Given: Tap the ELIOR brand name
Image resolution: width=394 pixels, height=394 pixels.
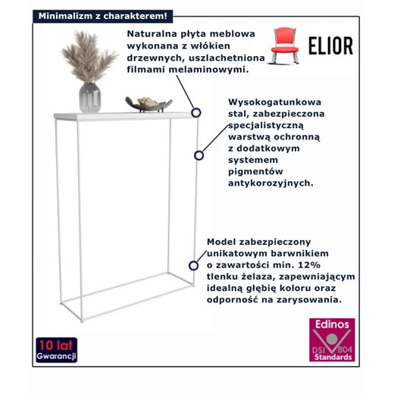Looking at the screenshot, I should pos(330,45).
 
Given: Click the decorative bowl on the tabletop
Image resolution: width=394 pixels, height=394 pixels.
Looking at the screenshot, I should pos(148,104).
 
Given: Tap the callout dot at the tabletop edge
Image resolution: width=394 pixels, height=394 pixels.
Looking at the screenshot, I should pos(196,112).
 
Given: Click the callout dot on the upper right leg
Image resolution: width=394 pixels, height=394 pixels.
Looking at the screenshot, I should pos(199,155).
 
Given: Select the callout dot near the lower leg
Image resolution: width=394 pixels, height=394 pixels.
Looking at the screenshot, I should pos(192,266).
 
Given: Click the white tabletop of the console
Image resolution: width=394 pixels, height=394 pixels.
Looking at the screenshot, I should pos(121,115).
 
